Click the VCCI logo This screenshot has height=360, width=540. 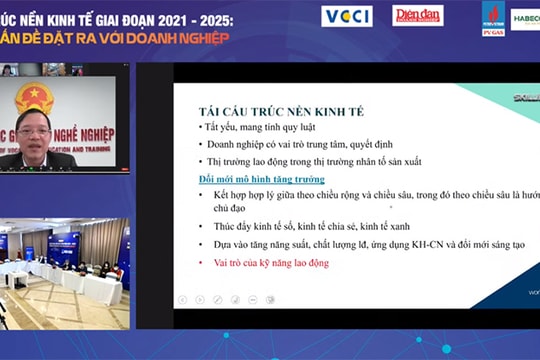(x=347, y=17)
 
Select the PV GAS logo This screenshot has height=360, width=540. (x=493, y=17)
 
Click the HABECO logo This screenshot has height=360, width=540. (x=526, y=17)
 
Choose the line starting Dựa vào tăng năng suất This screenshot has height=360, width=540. (x=360, y=244)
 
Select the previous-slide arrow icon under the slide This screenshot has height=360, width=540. (x=182, y=300)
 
